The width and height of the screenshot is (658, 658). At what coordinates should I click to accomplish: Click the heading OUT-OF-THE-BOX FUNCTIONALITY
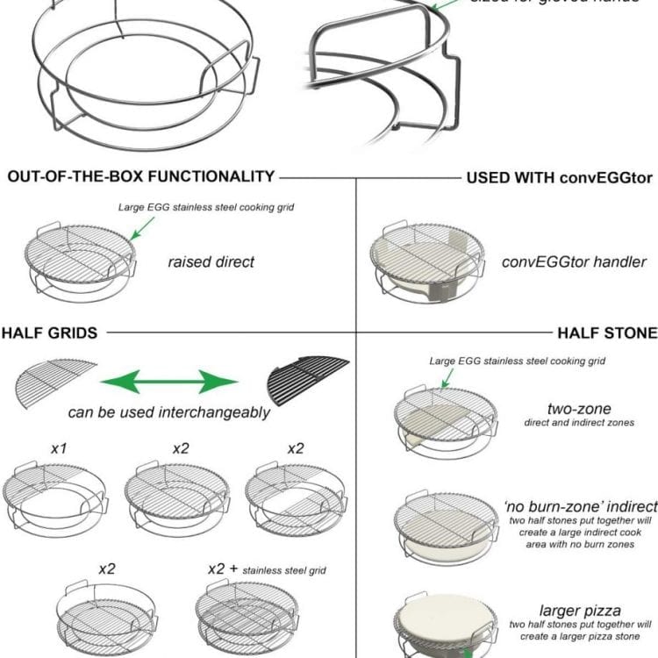point(141,176)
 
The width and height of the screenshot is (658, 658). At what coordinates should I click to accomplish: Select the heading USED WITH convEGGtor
point(559,178)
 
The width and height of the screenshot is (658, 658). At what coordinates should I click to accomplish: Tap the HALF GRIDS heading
point(49,333)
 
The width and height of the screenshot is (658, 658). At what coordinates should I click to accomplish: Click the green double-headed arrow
point(169,382)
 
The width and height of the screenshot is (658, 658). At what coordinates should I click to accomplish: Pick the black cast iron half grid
point(308,378)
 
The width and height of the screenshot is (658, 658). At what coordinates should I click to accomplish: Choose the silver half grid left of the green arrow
point(55,379)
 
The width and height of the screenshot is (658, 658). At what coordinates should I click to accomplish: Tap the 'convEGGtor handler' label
point(574,261)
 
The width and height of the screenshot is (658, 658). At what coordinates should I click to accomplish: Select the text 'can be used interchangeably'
point(169,412)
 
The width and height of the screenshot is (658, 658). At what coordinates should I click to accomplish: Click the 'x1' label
point(60,448)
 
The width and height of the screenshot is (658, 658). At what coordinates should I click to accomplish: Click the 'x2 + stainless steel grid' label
point(267,569)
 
